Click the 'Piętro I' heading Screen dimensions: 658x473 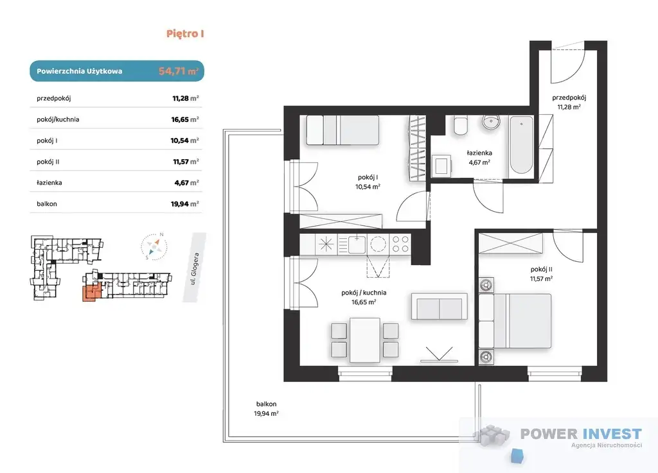(185, 33)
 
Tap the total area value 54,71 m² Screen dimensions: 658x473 (179, 71)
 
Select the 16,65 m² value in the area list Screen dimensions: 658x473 (184, 119)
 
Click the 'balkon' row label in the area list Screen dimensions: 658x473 (46, 204)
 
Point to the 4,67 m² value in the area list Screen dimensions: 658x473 (186, 183)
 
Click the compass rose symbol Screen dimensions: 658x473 (154, 246)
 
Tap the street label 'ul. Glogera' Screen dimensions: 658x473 (194, 268)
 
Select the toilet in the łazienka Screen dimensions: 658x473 (460, 126)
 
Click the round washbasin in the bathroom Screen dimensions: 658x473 (490, 122)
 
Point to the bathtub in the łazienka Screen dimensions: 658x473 (521, 145)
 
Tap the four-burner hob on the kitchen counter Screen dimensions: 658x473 (400, 245)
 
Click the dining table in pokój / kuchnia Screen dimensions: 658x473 (365, 340)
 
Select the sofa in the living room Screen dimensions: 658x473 (439, 307)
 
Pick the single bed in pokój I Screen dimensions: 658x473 (342, 130)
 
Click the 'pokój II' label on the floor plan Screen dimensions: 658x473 (541, 270)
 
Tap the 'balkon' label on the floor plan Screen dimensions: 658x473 (267, 404)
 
